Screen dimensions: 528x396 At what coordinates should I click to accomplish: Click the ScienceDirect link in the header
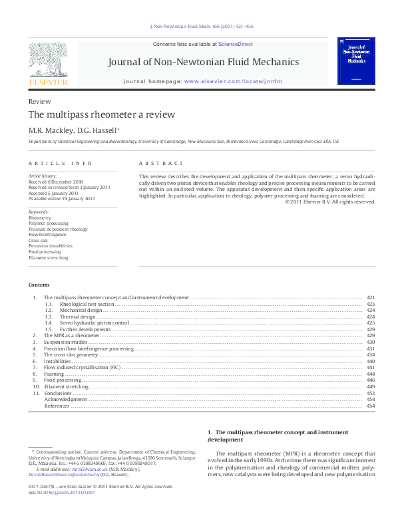(x=236, y=44)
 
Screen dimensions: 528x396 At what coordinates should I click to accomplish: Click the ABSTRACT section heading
(x=161, y=164)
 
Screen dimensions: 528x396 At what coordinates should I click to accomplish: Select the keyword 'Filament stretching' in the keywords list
(x=48, y=258)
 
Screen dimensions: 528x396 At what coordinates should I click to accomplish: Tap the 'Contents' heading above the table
(x=39, y=284)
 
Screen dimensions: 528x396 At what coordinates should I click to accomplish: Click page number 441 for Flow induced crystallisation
(x=371, y=367)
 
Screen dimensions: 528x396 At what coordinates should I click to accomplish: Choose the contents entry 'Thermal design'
(x=78, y=317)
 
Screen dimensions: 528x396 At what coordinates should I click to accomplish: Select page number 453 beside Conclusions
(x=371, y=393)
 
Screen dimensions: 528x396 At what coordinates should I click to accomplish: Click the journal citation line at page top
(x=198, y=27)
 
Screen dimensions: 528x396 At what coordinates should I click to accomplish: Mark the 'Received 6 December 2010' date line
(x=56, y=182)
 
